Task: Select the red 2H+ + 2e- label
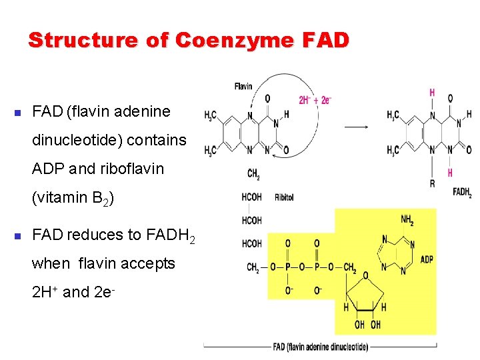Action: [315, 101]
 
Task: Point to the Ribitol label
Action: [283, 197]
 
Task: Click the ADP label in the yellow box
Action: [427, 259]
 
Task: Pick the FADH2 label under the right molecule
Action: [462, 193]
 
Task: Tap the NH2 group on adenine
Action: [406, 219]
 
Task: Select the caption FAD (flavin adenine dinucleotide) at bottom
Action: [321, 347]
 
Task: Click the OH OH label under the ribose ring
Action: [367, 325]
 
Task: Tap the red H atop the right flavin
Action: [432, 93]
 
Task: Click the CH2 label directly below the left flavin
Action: [254, 174]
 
